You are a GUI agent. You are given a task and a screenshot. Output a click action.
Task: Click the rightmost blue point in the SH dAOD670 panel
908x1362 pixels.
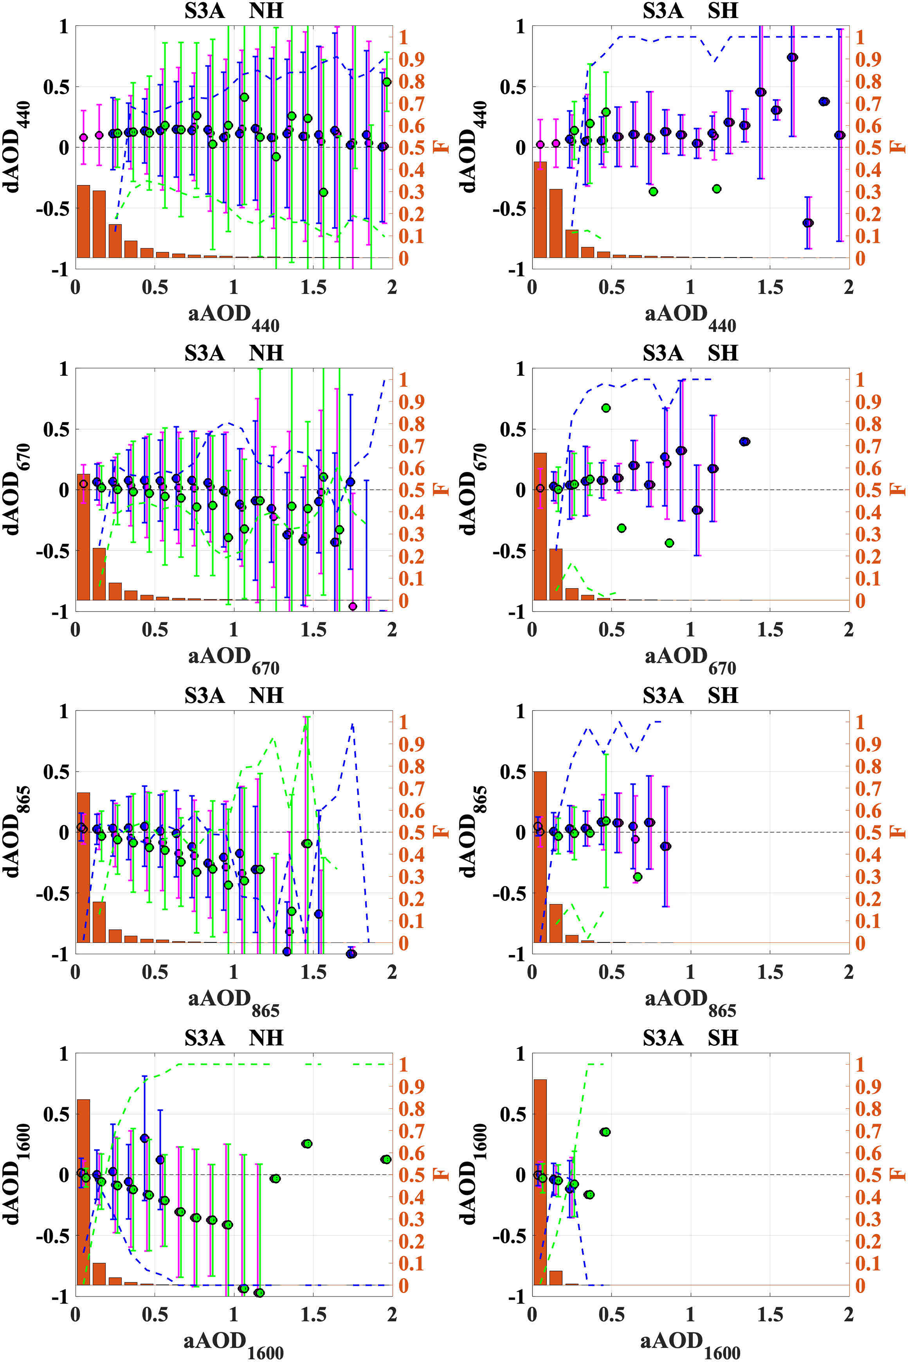745,441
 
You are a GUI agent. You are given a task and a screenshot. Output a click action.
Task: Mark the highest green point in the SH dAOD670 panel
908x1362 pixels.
606,408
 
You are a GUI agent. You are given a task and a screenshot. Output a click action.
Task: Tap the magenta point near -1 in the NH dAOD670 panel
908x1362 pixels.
353,606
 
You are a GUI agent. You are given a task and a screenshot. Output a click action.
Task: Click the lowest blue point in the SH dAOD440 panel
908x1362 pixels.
808,223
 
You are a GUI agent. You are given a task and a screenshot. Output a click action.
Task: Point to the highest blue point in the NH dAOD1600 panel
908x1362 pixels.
144,1138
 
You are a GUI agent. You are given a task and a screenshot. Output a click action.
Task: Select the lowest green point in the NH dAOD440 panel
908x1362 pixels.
323,192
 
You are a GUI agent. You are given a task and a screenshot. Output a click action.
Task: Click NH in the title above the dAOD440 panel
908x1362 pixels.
266,11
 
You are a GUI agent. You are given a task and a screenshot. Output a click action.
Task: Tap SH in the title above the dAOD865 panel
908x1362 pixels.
723,695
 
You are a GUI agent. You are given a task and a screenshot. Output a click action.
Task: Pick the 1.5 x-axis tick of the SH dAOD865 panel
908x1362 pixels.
770,972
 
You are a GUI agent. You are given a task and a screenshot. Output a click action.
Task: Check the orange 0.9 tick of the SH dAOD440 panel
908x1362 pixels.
868,59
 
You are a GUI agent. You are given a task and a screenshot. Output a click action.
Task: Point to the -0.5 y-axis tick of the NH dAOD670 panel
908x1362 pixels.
51,551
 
